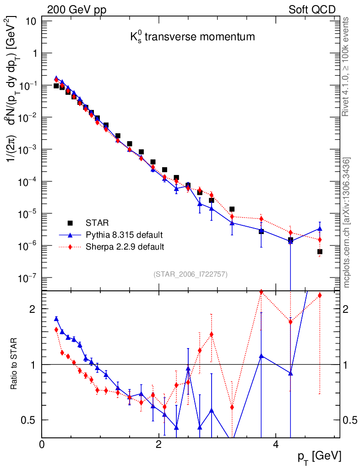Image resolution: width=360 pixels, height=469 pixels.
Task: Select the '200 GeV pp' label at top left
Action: (x=78, y=10)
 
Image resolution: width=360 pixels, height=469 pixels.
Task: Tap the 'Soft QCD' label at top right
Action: (x=312, y=10)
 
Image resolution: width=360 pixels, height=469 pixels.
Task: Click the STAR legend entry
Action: (x=97, y=223)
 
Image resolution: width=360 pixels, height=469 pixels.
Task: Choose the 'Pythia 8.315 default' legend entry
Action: (x=124, y=235)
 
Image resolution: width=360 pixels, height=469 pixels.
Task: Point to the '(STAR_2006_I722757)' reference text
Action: (x=190, y=274)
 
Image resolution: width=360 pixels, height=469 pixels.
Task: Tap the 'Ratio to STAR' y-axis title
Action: (x=15, y=364)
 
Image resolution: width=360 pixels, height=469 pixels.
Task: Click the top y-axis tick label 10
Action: (x=32, y=21)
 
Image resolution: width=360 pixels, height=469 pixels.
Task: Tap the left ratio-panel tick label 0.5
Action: (x=29, y=420)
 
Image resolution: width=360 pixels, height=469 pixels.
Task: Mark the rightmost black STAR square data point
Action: (x=320, y=251)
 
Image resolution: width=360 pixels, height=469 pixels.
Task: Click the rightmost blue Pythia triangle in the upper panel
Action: (x=320, y=229)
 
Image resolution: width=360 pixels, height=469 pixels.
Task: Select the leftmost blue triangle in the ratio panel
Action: (x=56, y=319)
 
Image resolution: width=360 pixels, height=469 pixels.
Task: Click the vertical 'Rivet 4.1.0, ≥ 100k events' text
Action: (x=346, y=67)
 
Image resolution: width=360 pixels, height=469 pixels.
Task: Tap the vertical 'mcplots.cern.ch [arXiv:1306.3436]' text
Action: (x=346, y=223)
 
